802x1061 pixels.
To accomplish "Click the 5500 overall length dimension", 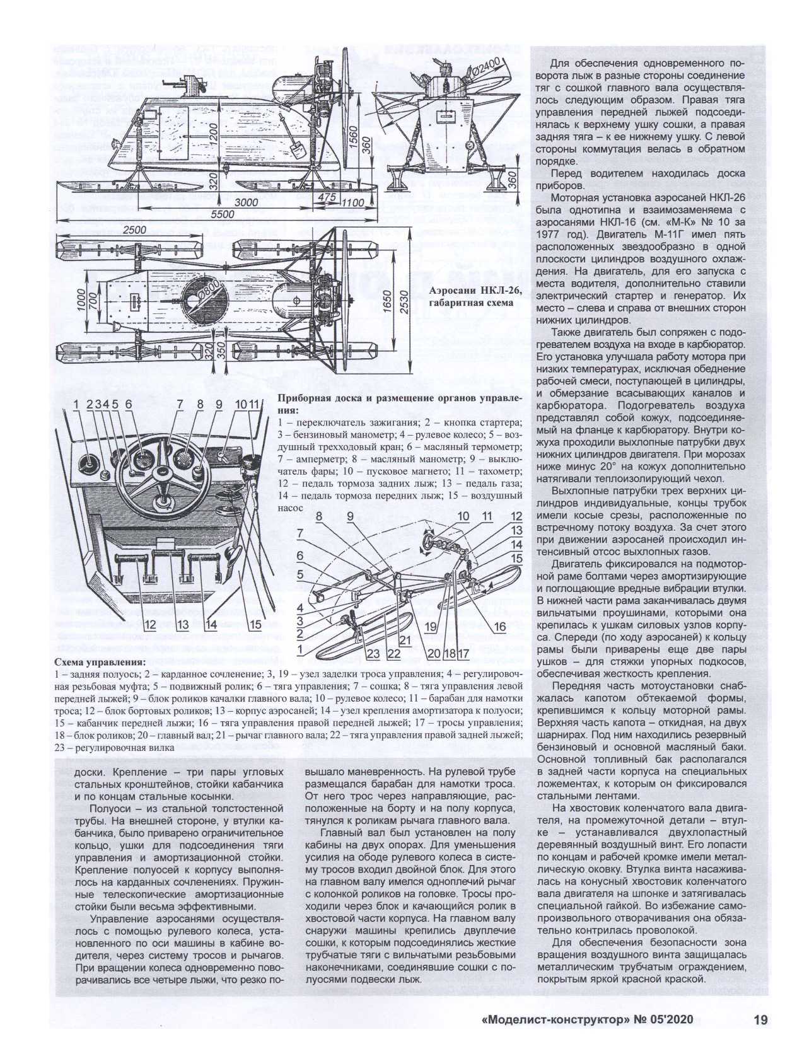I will coord(222,214).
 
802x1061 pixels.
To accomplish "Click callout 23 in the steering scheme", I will coord(373,654).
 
